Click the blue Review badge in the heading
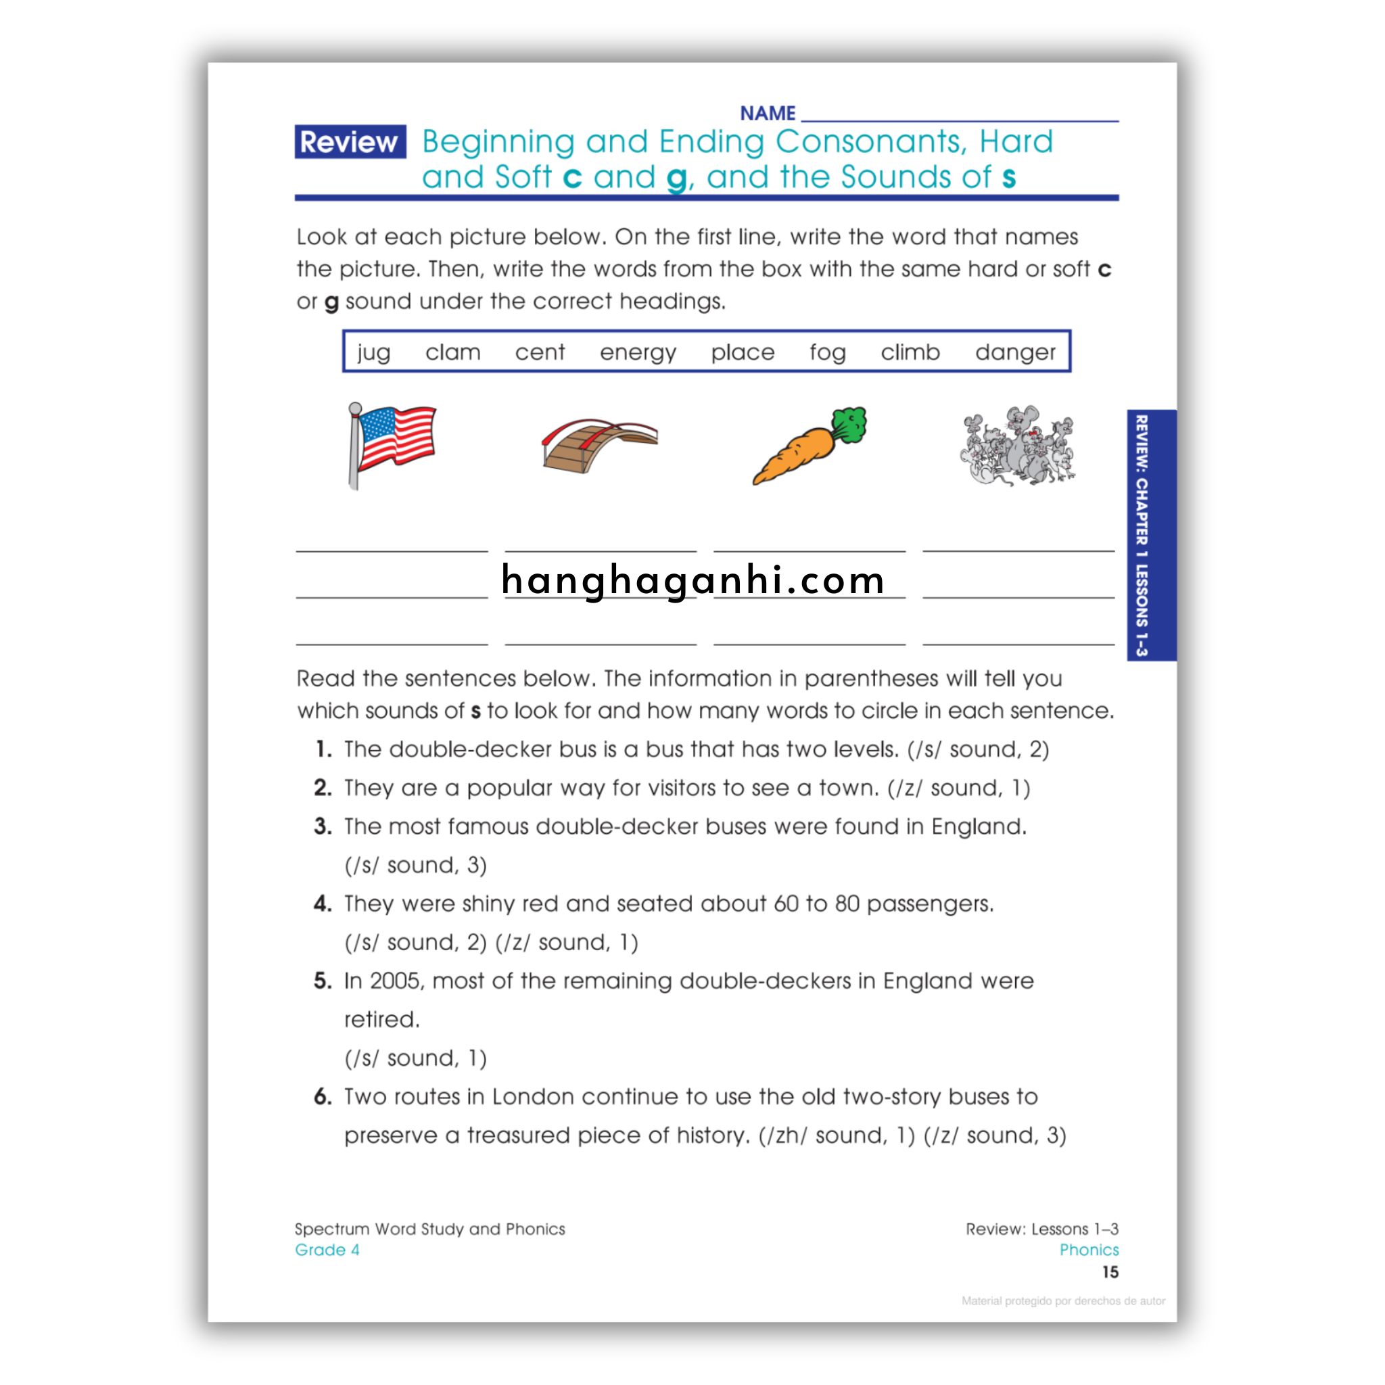350,142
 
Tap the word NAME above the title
767,113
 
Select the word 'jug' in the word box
373,352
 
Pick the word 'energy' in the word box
637,352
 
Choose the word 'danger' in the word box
1014,352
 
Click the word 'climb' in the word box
910,352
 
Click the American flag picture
392,444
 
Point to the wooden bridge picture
599,446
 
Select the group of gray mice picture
1017,446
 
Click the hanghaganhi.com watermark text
692,580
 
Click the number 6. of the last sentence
323,1097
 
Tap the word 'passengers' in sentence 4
929,904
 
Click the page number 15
1110,1273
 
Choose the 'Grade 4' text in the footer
327,1250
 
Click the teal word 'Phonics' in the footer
1088,1250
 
